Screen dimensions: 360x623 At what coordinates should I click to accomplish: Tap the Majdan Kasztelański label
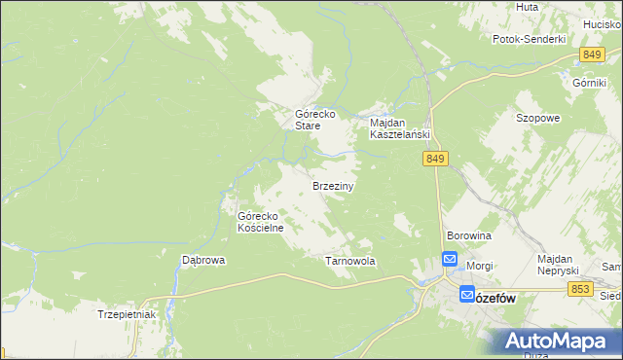coord(399,129)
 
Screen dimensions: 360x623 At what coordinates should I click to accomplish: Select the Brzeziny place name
coord(332,185)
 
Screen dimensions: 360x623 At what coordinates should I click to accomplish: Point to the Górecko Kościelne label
coord(261,222)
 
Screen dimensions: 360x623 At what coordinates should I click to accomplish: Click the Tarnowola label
coord(349,262)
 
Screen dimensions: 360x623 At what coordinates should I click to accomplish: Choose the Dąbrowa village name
coord(204,261)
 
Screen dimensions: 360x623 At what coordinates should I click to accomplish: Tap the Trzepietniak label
coord(127,314)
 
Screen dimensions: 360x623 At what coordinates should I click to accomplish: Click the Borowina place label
coord(468,236)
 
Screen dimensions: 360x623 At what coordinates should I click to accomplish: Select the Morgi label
coord(479,266)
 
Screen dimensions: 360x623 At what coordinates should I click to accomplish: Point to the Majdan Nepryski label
coord(559,264)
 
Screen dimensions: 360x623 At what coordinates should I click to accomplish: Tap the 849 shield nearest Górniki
coord(590,55)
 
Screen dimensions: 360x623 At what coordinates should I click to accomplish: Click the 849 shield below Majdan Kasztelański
coord(435,159)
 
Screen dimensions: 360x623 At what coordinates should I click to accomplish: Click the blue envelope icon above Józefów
coord(450,259)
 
